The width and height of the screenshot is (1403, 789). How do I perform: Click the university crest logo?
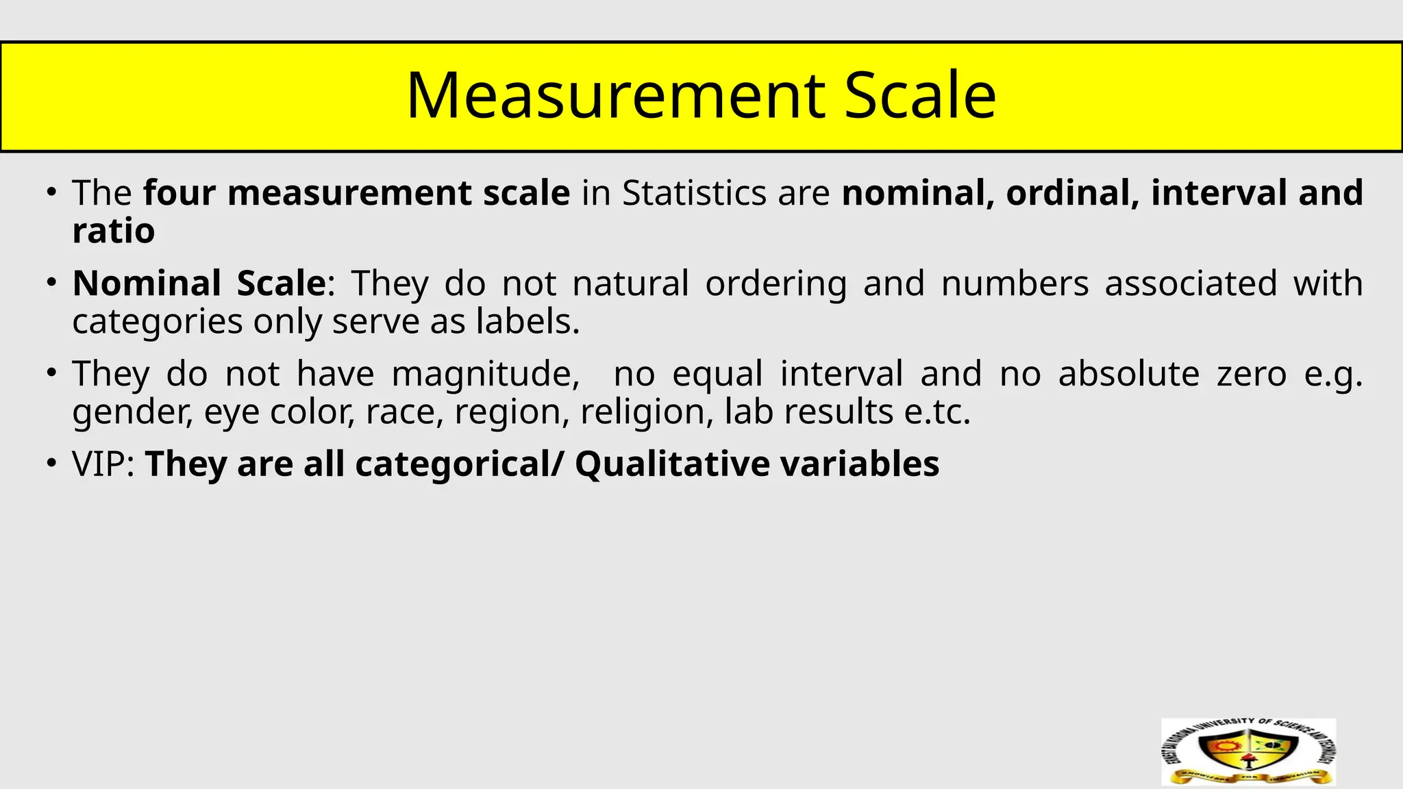click(x=1248, y=752)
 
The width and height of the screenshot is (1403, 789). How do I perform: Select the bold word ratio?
click(x=114, y=231)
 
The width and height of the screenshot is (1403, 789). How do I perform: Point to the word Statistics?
click(x=694, y=193)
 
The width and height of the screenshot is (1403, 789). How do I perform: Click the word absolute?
click(x=1128, y=374)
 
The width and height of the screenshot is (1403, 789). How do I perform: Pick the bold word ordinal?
click(x=1072, y=193)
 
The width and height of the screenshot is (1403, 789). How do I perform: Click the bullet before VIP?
click(x=51, y=464)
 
